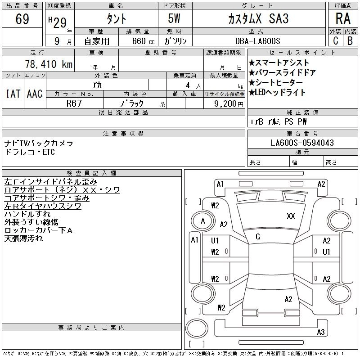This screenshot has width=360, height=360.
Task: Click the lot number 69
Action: point(22,19)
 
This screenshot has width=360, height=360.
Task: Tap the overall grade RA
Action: point(343,18)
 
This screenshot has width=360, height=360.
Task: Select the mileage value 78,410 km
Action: point(49,64)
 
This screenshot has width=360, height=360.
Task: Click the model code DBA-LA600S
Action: point(257,41)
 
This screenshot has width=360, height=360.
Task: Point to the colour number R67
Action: point(74,103)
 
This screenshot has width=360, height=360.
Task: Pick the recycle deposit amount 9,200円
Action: point(229,104)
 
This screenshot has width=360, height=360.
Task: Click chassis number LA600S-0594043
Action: point(302,143)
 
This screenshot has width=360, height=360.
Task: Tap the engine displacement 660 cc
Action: point(143,41)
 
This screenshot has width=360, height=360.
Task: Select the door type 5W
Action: point(174,18)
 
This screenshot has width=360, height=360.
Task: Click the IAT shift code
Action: point(13,94)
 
